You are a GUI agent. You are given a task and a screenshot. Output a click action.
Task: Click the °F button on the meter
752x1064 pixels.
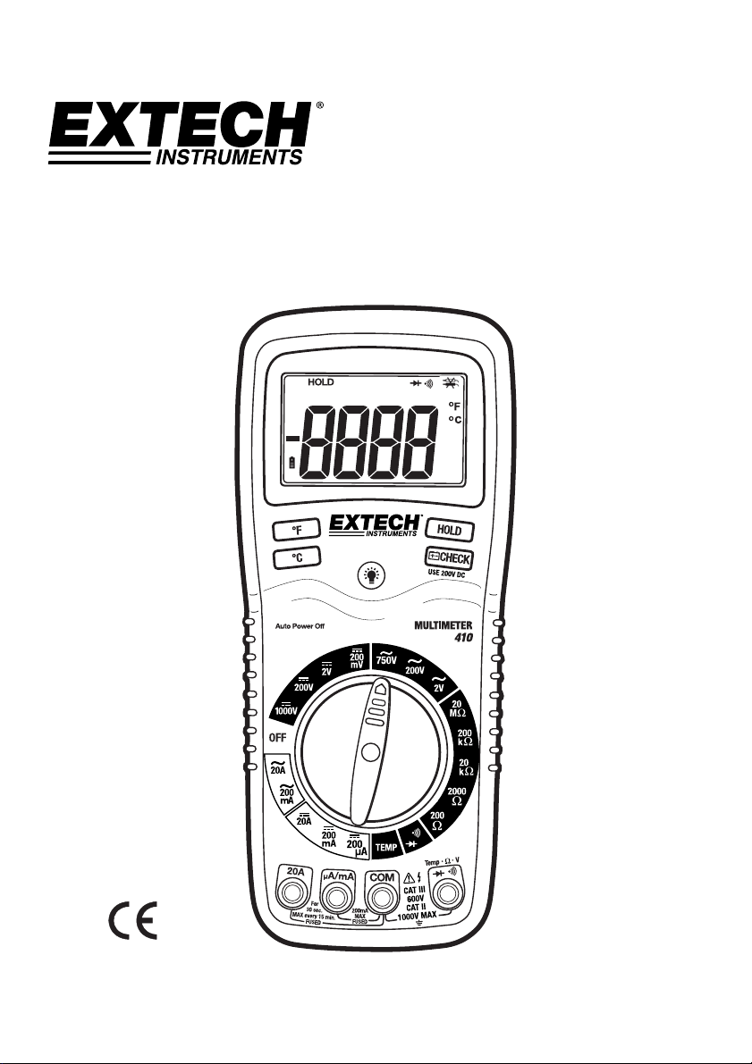pos(298,531)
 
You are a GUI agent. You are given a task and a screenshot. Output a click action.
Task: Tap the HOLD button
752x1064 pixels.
pos(449,530)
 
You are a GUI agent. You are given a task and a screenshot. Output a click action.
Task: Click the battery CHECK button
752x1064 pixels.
pos(448,558)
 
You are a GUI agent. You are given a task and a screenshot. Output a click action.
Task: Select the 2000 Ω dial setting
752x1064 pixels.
pos(457,796)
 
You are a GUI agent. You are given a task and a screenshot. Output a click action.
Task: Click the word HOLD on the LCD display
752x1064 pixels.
pos(320,381)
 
